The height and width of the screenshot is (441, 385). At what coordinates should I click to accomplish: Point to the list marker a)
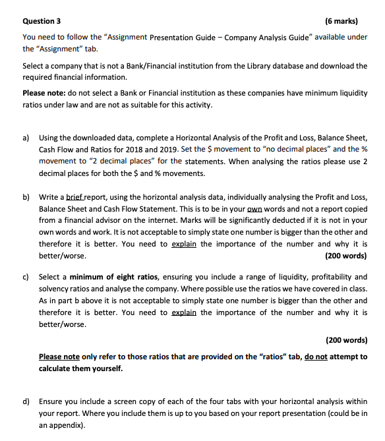click(x=26, y=137)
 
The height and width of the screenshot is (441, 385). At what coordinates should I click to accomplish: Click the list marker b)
click(x=26, y=196)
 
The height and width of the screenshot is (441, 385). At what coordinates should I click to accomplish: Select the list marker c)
click(x=26, y=277)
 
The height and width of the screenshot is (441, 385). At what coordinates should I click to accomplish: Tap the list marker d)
click(x=26, y=401)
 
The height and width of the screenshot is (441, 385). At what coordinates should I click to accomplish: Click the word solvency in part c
click(x=55, y=289)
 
